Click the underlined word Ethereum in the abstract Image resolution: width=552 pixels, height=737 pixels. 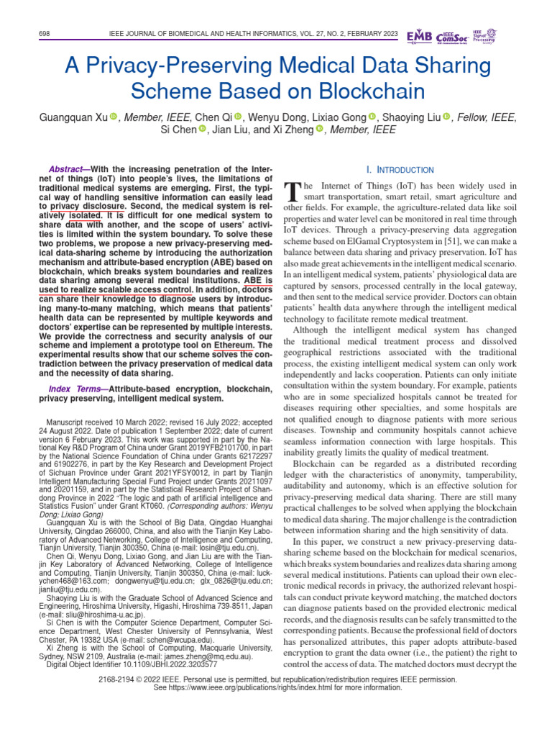234,345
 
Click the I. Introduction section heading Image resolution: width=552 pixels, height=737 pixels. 400,170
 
